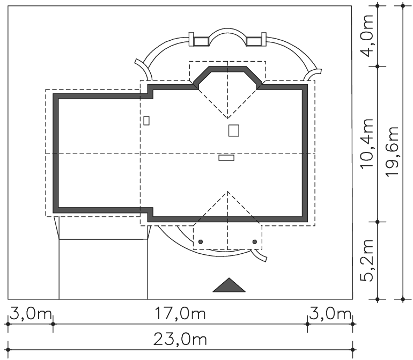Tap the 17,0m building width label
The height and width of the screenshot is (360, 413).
click(x=180, y=314)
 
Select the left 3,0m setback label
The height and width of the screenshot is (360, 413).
click(x=31, y=314)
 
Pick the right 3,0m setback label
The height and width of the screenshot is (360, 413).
click(x=330, y=314)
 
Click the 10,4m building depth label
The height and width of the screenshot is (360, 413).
click(x=367, y=144)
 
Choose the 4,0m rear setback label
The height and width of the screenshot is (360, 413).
click(x=367, y=35)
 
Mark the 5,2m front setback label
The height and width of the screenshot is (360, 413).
click(x=367, y=260)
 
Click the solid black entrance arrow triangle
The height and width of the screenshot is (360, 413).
click(x=229, y=285)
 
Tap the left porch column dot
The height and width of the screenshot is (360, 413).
click(x=201, y=241)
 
